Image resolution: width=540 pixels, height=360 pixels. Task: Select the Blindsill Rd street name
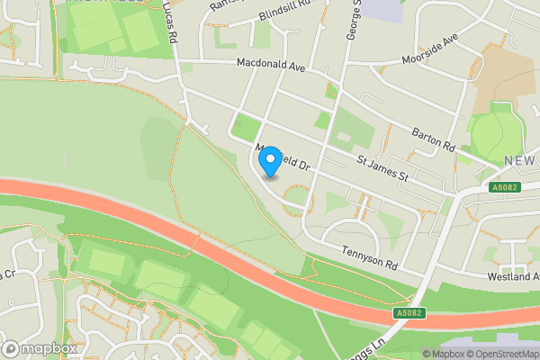point(283,12)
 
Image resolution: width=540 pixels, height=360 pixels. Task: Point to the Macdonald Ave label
point(272,64)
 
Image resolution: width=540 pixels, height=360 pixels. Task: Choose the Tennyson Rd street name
point(369,258)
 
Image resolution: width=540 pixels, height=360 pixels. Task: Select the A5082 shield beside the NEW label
point(504,187)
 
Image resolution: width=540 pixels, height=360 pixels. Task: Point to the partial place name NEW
point(521,160)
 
